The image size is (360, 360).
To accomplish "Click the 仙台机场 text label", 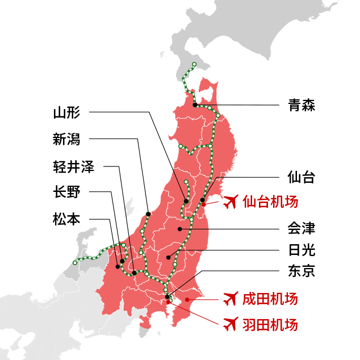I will point(270,202).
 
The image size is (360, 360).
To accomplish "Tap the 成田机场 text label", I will point(270,298).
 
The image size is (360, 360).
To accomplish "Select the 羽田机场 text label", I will point(270,325).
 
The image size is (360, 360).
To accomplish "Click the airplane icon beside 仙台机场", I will point(231,202).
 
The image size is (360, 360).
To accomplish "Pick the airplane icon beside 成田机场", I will point(231,298).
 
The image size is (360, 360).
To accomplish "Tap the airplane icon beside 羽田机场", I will point(231,324).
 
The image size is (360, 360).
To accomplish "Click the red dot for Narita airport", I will point(187,299).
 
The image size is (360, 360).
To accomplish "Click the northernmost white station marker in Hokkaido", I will point(194,64).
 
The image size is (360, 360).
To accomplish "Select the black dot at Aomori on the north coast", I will point(195,105).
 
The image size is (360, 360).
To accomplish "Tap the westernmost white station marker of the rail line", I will point(74,262).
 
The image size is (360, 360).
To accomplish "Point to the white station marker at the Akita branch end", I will point(180,146).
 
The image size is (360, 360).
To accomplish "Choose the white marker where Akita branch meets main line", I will point(210,146).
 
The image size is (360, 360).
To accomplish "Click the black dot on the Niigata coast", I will point(148,214).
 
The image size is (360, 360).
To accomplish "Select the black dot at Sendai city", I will point(202,200).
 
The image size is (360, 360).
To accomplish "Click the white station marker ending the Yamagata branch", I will point(186,182).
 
